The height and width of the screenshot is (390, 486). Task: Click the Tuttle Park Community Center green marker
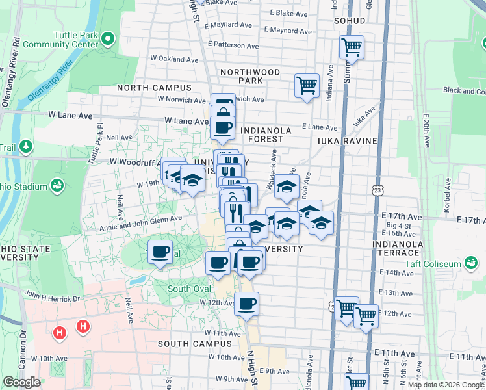pos(109,40)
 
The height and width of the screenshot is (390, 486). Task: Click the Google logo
pos(21,382)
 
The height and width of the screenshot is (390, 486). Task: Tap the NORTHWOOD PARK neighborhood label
pos(250,76)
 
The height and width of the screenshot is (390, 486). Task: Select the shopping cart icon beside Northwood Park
pos(307,85)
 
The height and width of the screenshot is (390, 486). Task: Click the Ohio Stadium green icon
pos(58,187)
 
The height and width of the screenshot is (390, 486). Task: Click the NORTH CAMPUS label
pos(154,88)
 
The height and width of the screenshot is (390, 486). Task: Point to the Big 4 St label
pos(396,225)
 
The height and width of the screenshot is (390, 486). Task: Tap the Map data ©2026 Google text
pos(445,385)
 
